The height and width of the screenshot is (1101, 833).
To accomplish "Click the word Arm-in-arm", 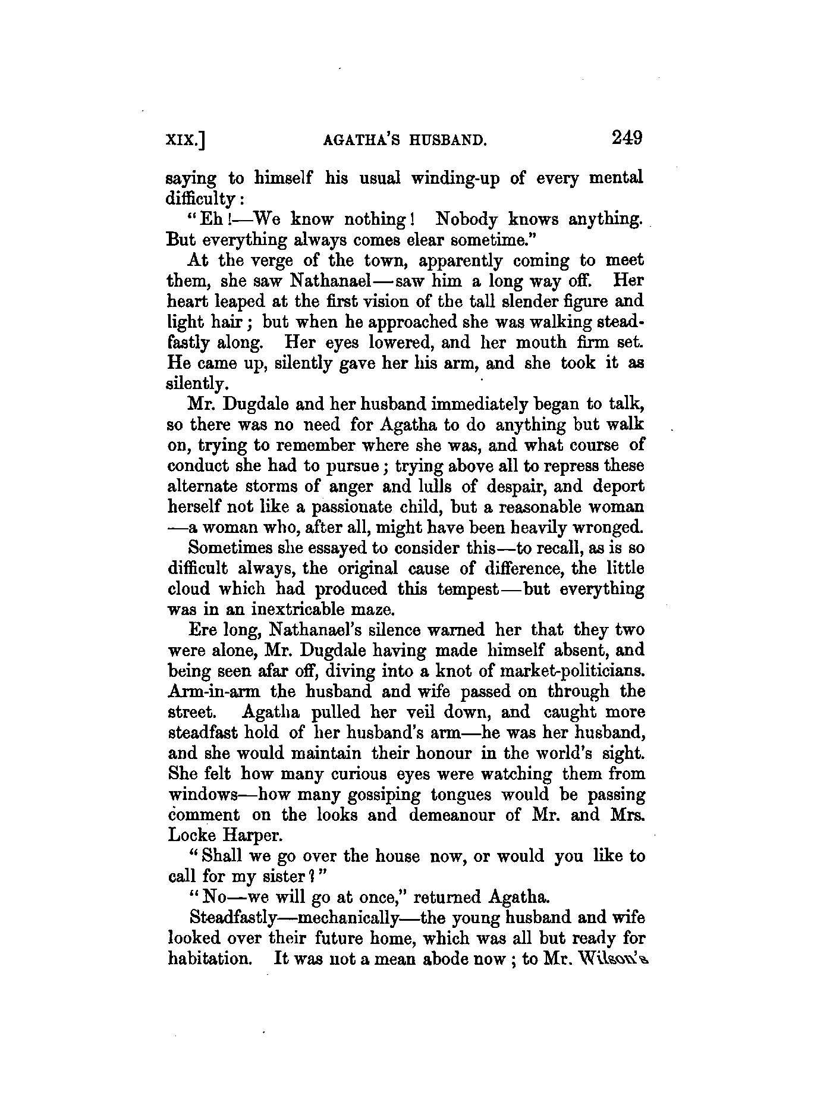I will coord(216,692).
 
